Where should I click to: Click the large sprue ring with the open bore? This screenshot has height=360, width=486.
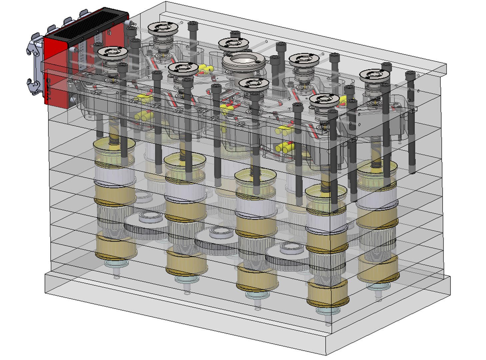click(243, 62)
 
